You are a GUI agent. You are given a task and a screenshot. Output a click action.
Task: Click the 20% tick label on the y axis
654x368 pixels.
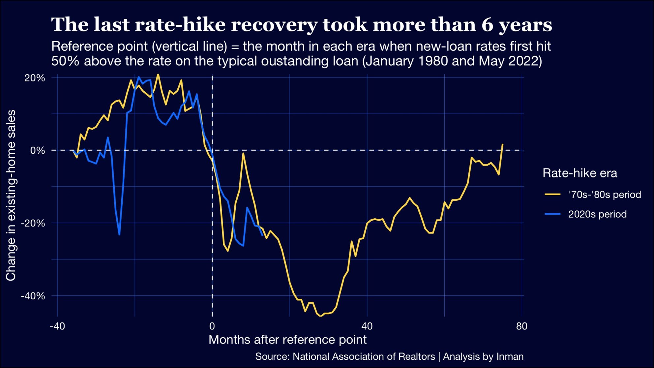pos(35,78)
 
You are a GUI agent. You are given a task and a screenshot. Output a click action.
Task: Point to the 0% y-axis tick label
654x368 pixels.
pos(37,151)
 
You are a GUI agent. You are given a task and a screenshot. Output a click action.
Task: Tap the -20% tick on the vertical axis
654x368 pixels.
pos(33,223)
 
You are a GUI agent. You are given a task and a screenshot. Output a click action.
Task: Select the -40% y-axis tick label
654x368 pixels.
pos(33,296)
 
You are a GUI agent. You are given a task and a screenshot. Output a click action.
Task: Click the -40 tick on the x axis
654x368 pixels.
pos(57,326)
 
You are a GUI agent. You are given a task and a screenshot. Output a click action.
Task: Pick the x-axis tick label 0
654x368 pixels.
pos(212,326)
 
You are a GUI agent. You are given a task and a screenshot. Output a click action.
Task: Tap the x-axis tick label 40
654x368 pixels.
pos(367,326)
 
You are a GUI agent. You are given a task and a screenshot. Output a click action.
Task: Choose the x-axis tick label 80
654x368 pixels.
pos(522,326)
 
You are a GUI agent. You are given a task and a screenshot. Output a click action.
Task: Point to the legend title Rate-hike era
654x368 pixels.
pos(580,173)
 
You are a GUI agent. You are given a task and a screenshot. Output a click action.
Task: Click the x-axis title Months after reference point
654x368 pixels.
pos(287,340)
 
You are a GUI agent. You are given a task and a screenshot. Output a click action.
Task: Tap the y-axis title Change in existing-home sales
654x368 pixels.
pos(11,196)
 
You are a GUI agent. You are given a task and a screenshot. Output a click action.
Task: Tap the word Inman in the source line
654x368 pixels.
pos(510,356)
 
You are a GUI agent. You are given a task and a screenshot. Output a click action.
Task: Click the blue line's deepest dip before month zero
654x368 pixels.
pos(119,234)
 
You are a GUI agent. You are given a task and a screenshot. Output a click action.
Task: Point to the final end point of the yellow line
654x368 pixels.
pos(502,144)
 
